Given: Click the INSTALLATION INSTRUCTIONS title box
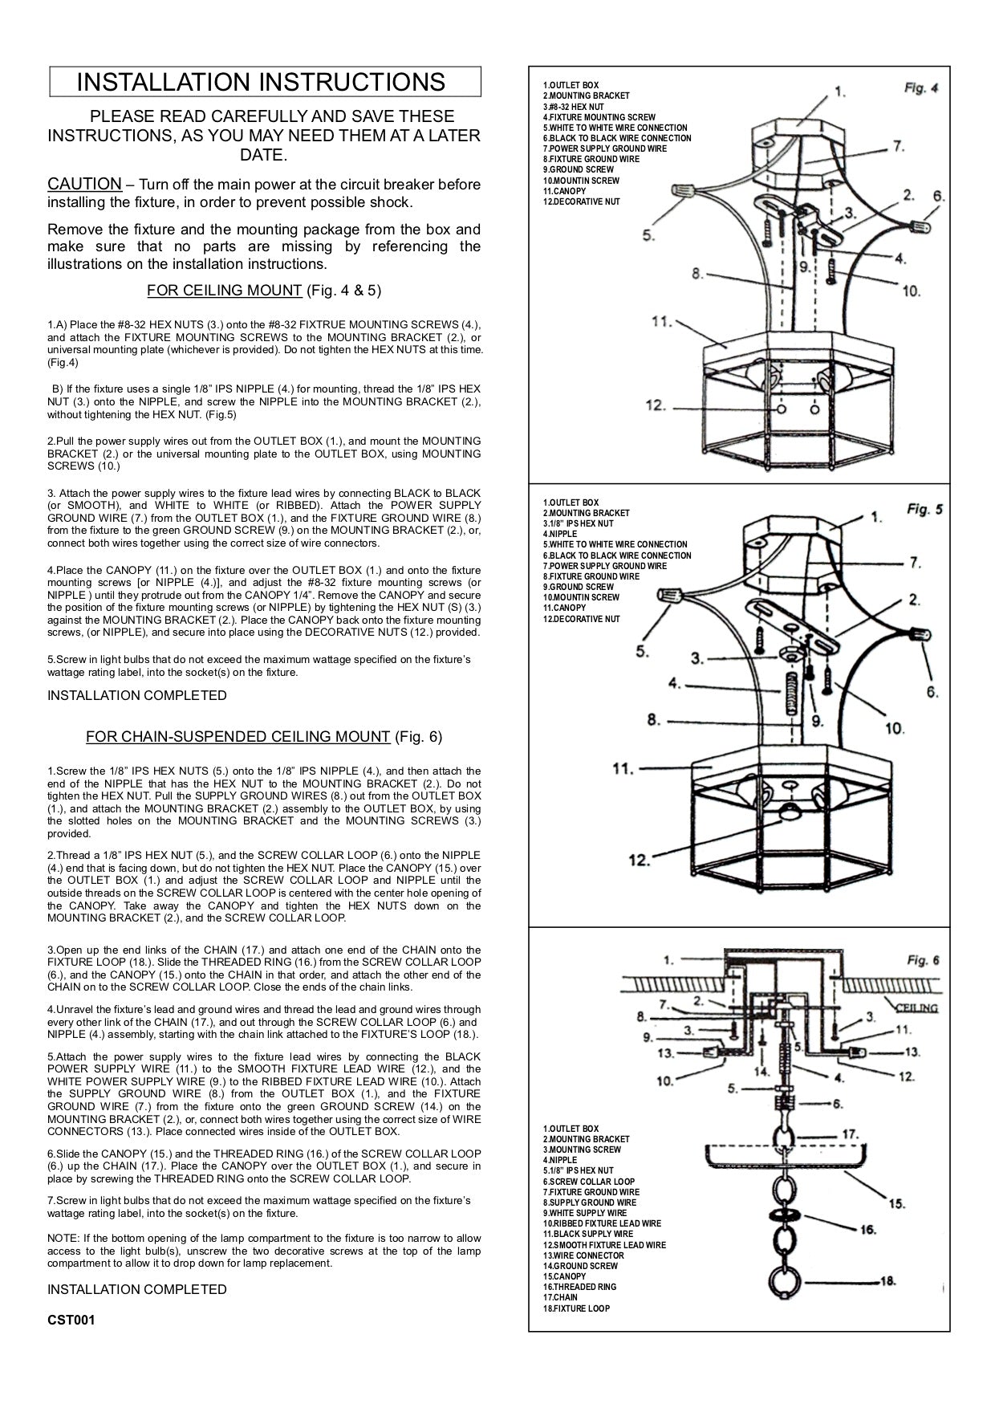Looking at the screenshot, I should coord(265,82).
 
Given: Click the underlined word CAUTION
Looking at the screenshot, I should coord(84,184).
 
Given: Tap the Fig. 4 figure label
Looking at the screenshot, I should coord(920,87).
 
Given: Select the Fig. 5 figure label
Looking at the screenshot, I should coord(924,509).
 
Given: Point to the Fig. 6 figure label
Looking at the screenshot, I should coord(923,960).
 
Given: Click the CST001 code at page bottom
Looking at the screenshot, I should coord(71,1320).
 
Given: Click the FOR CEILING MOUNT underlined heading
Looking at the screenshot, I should coord(225,290).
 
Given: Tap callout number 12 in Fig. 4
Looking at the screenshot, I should coord(656,405).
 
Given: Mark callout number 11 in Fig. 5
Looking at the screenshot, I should coord(623,768).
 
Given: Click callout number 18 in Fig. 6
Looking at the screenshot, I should coord(887,1281).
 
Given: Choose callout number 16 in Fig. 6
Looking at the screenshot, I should coord(867,1229).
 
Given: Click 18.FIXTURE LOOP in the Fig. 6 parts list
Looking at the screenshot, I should coord(576,1308).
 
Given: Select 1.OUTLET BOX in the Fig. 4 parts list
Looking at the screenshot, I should coord(571,85).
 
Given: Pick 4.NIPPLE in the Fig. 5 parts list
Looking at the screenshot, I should coord(561,534).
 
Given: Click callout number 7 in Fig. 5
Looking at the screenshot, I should coord(915,564).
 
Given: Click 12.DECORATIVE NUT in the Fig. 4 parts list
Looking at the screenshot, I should coord(581,201).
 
